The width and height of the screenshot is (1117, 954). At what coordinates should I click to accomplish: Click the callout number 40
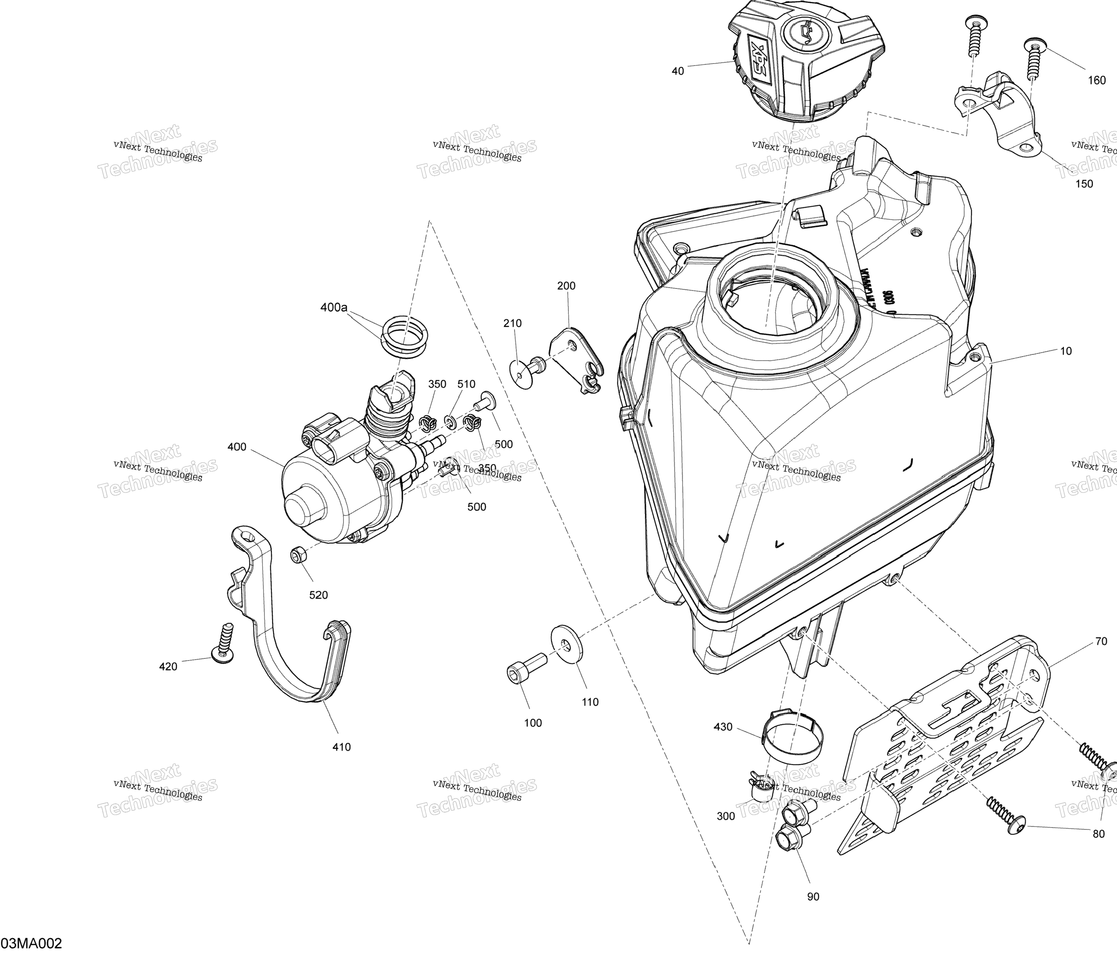(x=678, y=71)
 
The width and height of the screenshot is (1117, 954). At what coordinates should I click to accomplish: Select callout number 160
(x=1096, y=80)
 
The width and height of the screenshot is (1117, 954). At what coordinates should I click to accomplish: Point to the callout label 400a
(x=334, y=307)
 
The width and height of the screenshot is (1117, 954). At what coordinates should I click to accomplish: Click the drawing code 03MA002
(x=32, y=943)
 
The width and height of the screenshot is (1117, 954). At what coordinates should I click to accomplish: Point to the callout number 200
(x=566, y=286)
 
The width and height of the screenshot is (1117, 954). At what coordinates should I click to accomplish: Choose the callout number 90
(x=813, y=896)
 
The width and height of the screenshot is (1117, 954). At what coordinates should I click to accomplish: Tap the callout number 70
(x=1101, y=641)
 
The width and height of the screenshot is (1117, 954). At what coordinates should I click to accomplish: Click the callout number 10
(x=1066, y=351)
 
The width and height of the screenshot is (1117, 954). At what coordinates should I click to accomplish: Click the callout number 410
(x=341, y=747)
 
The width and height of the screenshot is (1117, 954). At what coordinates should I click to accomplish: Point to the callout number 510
(x=466, y=384)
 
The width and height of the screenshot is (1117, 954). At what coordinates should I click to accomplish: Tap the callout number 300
(x=726, y=816)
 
